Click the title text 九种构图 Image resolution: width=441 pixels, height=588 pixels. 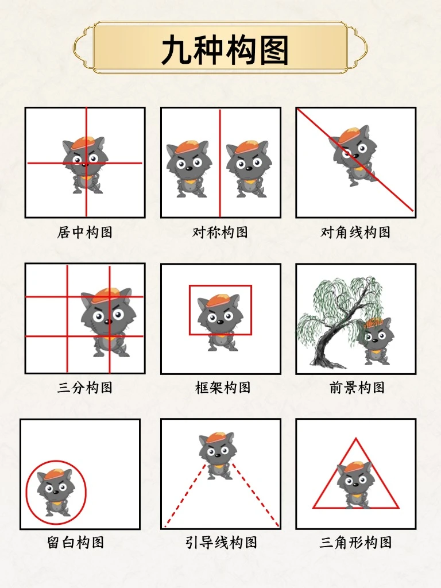pos(225,49)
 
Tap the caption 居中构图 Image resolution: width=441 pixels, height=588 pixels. pos(85,232)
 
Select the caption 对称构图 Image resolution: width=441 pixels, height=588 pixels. pos(220,232)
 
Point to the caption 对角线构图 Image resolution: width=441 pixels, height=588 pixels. pos(355,232)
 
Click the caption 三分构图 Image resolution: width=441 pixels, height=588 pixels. pos(85,388)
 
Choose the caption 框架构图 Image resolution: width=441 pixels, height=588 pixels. pos(223,388)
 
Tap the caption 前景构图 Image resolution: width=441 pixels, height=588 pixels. pos(357,388)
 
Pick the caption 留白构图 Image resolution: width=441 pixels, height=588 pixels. pos(75,542)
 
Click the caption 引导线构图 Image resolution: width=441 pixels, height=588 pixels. pos(221,542)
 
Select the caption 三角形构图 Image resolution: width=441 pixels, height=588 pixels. pos(355,542)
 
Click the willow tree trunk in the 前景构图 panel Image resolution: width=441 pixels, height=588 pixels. pos(330,338)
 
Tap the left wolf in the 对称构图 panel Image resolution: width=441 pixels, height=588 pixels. pos(189,169)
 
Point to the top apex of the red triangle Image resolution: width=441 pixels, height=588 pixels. pos(356,438)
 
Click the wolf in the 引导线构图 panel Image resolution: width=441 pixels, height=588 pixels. pos(216,455)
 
